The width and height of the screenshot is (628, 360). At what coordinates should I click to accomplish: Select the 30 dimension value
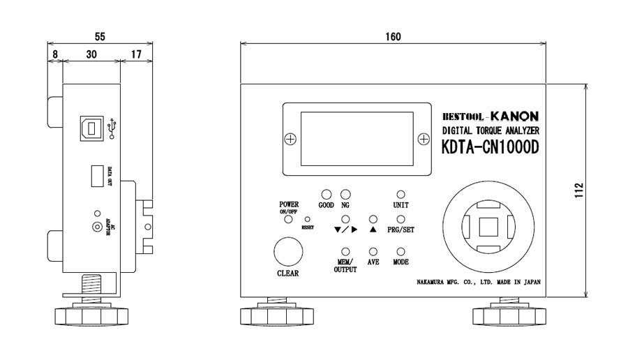tap(91, 53)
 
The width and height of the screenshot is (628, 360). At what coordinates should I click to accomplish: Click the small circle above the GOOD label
tap(326, 195)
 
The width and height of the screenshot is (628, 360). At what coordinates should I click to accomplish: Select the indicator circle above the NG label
tap(345, 195)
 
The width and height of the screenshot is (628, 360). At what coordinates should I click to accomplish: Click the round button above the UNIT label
tap(401, 195)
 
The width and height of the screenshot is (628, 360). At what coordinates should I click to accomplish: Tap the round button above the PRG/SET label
tap(401, 219)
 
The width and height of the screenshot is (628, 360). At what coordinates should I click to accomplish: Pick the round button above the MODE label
tap(401, 251)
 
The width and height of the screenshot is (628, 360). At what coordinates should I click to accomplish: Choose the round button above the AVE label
tap(373, 251)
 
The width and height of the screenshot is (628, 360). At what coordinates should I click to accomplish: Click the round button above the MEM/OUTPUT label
tap(345, 251)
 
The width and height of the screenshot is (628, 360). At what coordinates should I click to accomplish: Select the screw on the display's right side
tap(423, 140)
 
